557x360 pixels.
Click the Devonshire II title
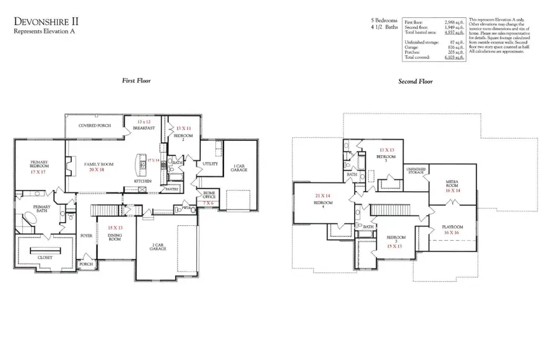(46, 22)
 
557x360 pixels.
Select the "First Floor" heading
(136, 81)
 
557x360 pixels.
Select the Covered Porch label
(95, 126)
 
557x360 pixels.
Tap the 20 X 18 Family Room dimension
(97, 169)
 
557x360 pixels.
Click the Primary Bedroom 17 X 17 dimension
(38, 171)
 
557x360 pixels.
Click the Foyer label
(86, 236)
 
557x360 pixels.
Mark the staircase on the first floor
(104, 211)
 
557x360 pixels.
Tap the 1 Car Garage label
(238, 167)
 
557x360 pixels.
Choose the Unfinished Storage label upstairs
(415, 171)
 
